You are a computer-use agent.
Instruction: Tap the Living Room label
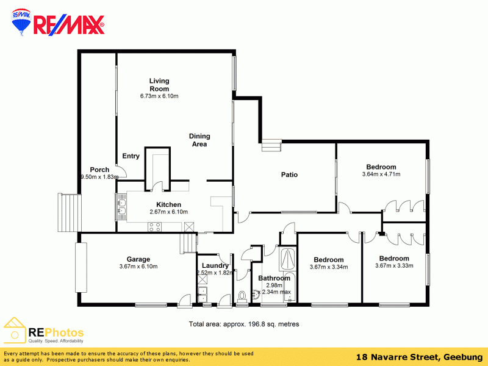(x=159, y=85)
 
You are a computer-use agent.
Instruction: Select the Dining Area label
(x=199, y=140)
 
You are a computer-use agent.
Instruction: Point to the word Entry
(x=131, y=156)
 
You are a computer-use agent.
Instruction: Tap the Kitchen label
(x=168, y=204)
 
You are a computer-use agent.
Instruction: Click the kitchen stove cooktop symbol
(x=154, y=227)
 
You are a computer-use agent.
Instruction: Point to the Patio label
(x=289, y=174)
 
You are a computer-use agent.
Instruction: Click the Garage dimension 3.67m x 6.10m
(x=138, y=267)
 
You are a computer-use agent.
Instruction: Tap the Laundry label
(x=215, y=265)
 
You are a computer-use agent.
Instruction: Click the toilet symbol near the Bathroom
(x=242, y=296)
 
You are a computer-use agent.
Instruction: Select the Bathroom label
(x=274, y=278)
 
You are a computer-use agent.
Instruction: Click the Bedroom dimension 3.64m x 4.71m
(x=381, y=174)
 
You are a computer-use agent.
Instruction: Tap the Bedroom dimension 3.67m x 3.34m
(x=329, y=267)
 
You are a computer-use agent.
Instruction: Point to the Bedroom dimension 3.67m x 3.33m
(x=394, y=265)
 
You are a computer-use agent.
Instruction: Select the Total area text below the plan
(x=243, y=324)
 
